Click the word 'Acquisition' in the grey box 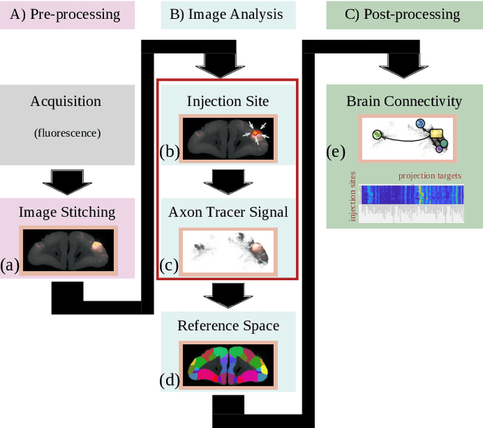(x=66, y=101)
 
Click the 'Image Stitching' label (x=67, y=212)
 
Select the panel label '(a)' (x=11, y=264)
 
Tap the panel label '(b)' (x=169, y=151)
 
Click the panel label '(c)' (x=169, y=264)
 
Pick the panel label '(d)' (x=169, y=379)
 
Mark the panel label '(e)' (x=335, y=151)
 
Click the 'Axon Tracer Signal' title (x=228, y=212)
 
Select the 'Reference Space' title (x=228, y=326)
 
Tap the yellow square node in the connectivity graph (x=436, y=134)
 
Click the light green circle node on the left (x=377, y=135)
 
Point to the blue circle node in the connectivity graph (x=421, y=123)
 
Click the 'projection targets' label (x=429, y=176)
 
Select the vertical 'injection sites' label (x=352, y=197)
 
